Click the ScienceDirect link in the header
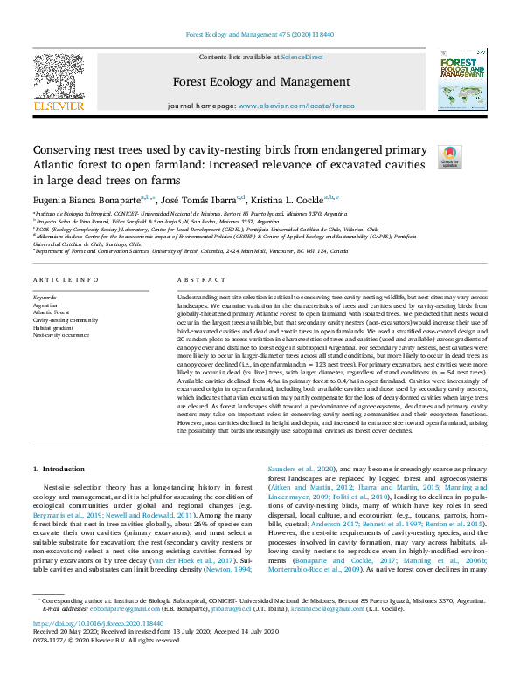pyautogui.click(x=302, y=56)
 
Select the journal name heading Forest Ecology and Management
pyautogui.click(x=260, y=82)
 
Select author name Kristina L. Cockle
pyautogui.click(x=293, y=199)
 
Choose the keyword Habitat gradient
pyautogui.click(x=53, y=327)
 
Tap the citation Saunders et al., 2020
pyautogui.click(x=298, y=470)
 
